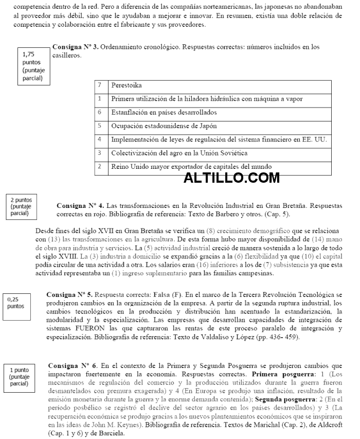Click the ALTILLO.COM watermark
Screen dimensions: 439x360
click(x=231, y=178)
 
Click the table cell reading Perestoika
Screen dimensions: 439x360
click(x=127, y=85)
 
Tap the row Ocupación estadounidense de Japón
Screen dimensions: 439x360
click(x=164, y=126)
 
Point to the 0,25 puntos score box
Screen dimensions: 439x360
click(x=16, y=303)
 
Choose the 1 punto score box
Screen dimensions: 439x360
click(x=20, y=377)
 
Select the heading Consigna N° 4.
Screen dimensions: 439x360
click(x=80, y=205)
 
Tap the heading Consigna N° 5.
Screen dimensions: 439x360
click(x=69, y=295)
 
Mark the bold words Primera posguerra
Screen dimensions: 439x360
click(x=278, y=373)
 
